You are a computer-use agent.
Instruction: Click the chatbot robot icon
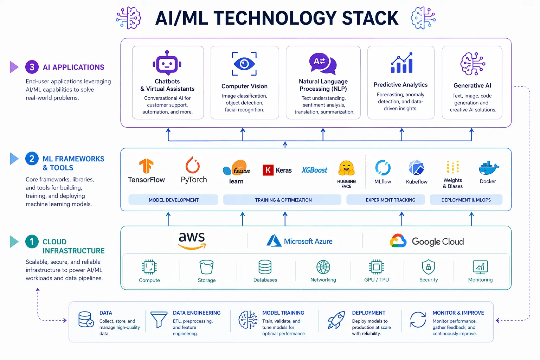(x=167, y=63)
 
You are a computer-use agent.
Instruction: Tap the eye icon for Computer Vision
(x=244, y=64)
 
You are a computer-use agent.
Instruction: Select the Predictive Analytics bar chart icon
(x=401, y=63)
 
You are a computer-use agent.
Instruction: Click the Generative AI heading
(x=472, y=85)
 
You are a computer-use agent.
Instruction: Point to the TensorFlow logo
(x=146, y=166)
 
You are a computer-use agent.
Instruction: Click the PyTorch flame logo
(x=193, y=165)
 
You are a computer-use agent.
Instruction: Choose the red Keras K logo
(x=268, y=170)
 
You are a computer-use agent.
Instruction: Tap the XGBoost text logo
(x=314, y=170)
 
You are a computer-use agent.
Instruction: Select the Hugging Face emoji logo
(x=346, y=168)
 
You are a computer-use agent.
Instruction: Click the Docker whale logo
(x=488, y=168)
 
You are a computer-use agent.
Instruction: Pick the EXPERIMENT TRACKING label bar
(x=390, y=200)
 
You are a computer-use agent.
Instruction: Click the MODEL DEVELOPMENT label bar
(x=173, y=200)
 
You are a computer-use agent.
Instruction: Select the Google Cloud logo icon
(x=398, y=241)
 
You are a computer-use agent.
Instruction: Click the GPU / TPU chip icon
(x=376, y=267)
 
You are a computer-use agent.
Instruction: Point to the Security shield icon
(x=428, y=267)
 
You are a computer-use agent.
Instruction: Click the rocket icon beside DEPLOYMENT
(x=336, y=320)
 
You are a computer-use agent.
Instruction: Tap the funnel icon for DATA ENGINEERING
(x=159, y=319)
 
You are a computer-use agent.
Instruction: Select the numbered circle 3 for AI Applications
(x=32, y=67)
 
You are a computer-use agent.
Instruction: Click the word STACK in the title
(x=370, y=18)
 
